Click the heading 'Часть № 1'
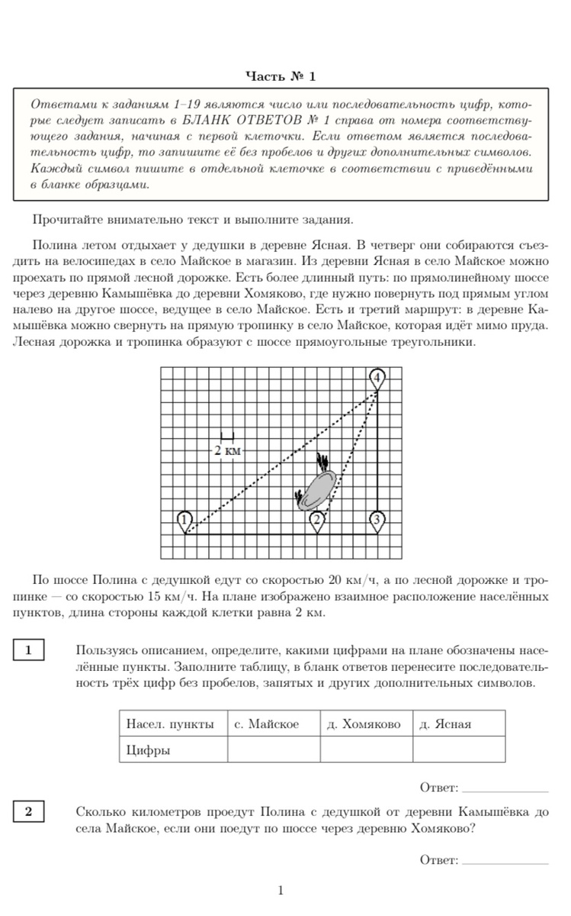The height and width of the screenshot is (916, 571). click(281, 76)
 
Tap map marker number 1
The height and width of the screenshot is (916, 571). click(184, 521)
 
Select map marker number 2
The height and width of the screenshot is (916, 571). click(318, 521)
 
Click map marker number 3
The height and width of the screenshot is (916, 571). click(377, 521)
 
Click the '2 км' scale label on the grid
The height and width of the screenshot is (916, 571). click(226, 450)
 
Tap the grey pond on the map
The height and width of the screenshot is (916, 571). click(319, 489)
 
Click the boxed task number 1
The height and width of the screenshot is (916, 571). click(28, 650)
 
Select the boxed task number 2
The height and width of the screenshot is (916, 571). click(28, 811)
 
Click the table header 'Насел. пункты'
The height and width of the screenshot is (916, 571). click(170, 724)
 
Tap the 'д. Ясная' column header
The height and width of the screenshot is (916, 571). click(446, 724)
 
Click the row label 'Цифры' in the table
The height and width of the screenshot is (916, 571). click(149, 750)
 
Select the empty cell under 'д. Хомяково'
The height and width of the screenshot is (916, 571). click(366, 750)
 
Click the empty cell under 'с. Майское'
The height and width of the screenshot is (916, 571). click(273, 750)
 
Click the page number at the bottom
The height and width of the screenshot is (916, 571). click(281, 890)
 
